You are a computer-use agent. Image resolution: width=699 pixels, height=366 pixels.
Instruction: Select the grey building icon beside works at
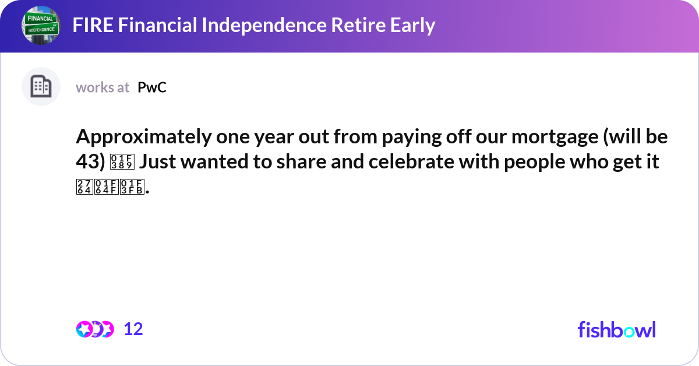[x=41, y=87]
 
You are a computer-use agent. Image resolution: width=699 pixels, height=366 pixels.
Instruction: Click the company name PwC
[x=152, y=87]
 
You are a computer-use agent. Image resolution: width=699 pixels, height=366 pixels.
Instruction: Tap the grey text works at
[x=103, y=87]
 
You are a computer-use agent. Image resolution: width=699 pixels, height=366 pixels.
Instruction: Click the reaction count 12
[x=133, y=329]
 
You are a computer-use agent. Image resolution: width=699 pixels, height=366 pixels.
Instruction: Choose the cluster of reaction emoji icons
[x=94, y=329]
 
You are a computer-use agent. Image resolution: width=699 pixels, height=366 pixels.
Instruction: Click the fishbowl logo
[x=616, y=329]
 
